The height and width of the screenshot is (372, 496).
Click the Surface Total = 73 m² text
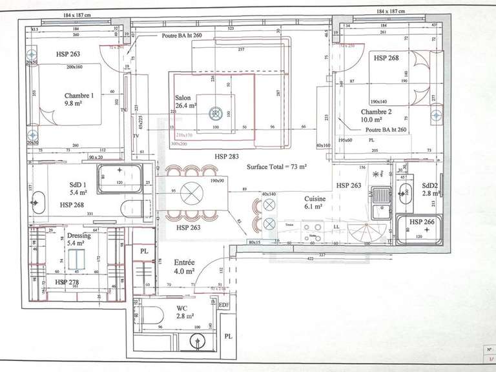pyautogui.click(x=276, y=167)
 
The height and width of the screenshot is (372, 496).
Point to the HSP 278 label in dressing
pyautogui.click(x=67, y=283)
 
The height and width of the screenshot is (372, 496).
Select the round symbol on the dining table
pyautogui.click(x=191, y=192)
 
